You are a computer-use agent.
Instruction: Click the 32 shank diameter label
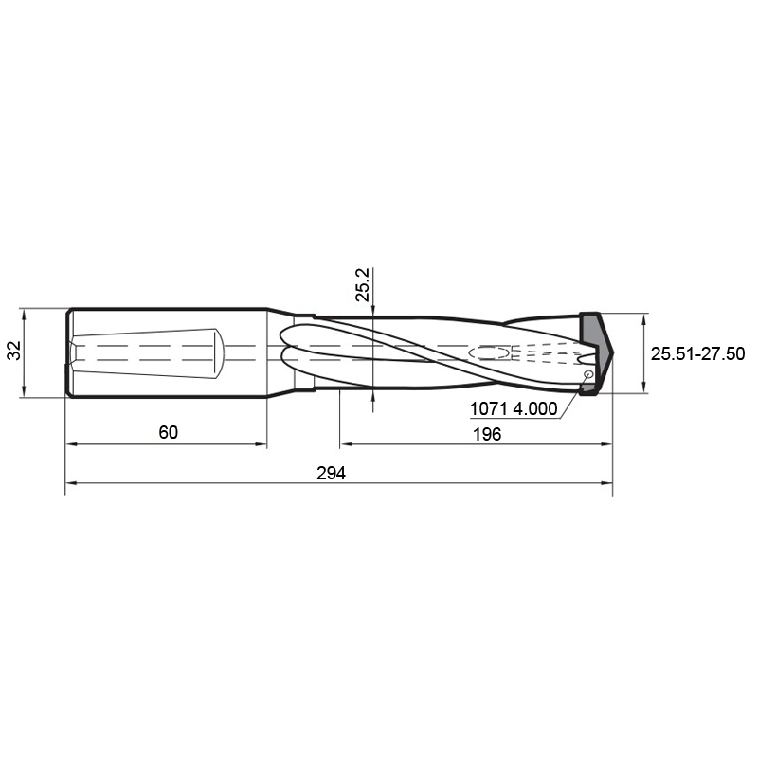click(x=14, y=351)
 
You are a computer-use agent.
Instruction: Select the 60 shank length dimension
click(x=169, y=432)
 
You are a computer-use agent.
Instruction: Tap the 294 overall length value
click(x=331, y=473)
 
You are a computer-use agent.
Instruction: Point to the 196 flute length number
click(x=487, y=434)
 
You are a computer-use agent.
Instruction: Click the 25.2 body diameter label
click(x=363, y=285)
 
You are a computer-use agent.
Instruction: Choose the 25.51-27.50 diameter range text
click(x=697, y=353)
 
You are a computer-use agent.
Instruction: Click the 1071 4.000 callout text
click(x=514, y=409)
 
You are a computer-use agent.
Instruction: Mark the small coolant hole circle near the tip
click(x=588, y=373)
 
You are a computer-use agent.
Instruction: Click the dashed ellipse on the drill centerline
click(x=489, y=352)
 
